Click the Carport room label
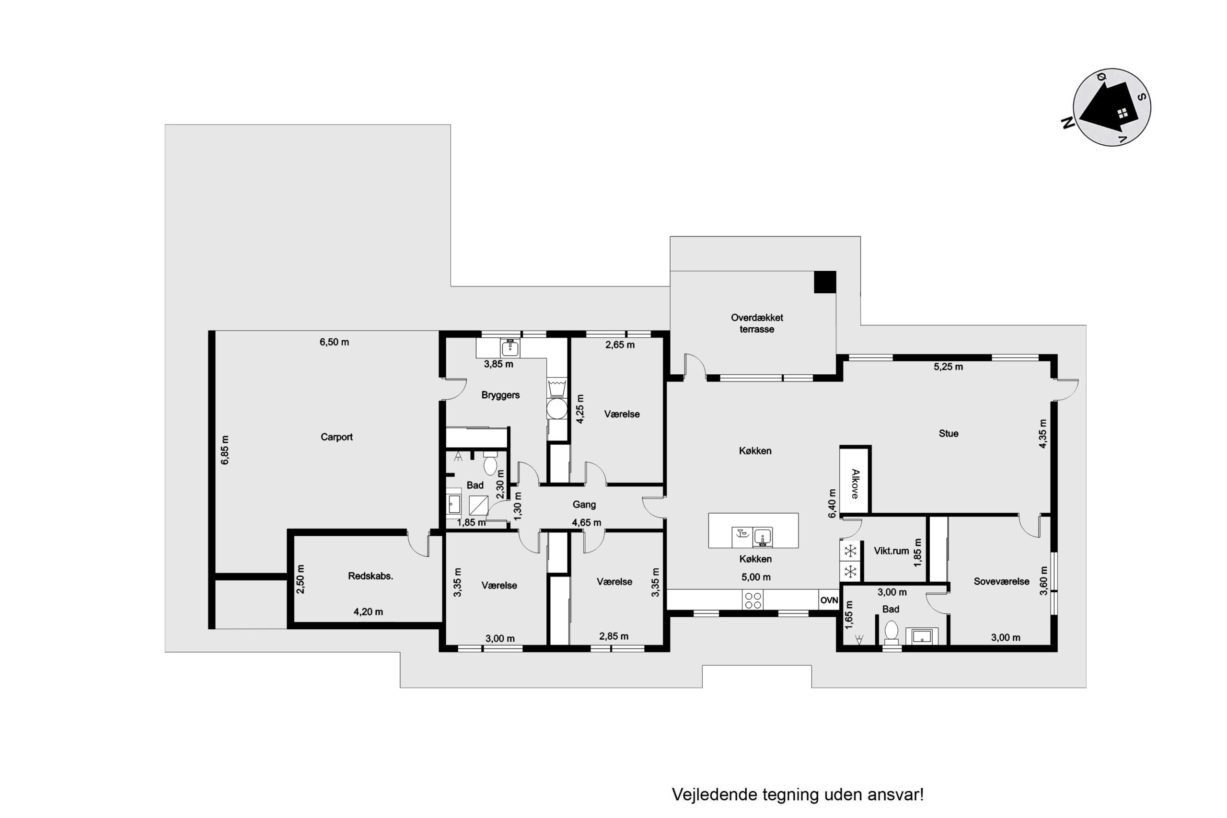click(x=336, y=437)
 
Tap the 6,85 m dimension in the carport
click(x=225, y=450)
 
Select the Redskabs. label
click(x=370, y=576)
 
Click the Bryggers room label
click(x=500, y=395)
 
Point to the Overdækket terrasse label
click(x=756, y=323)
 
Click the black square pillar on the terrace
click(x=825, y=282)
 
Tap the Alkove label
click(x=855, y=484)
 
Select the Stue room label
click(x=949, y=434)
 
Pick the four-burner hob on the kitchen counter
click(x=753, y=599)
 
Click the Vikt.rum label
click(x=891, y=551)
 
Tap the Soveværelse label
click(x=1002, y=582)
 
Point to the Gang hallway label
click(x=584, y=505)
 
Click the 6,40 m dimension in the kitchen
click(x=832, y=504)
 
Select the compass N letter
click(x=1068, y=123)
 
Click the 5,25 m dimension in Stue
click(x=949, y=367)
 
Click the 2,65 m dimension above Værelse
click(x=620, y=345)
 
